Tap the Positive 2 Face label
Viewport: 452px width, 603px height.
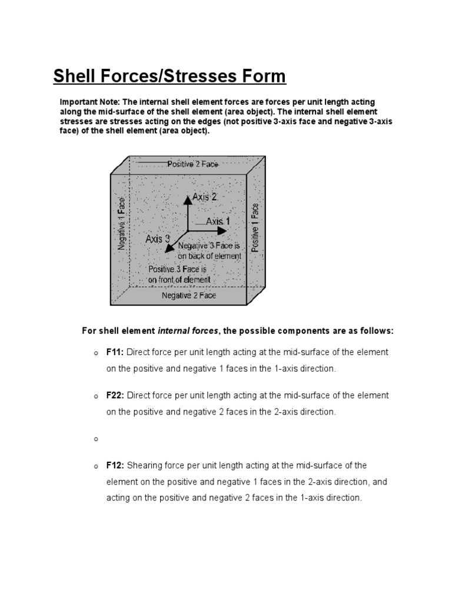click(192, 164)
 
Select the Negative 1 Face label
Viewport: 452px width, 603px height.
click(122, 224)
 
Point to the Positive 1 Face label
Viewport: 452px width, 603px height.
click(255, 227)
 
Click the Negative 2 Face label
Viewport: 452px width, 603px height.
click(188, 296)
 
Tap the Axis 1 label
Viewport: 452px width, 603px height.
click(218, 221)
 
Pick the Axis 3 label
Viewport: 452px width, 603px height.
click(158, 239)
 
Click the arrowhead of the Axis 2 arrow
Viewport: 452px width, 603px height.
click(187, 198)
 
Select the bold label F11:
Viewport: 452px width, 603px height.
click(115, 352)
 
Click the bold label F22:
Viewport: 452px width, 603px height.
click(115, 396)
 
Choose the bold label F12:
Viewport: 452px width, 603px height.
click(115, 465)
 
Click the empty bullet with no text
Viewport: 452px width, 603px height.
click(94, 439)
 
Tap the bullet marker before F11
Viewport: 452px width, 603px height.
click(94, 353)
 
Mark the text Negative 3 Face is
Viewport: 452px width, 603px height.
click(209, 246)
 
